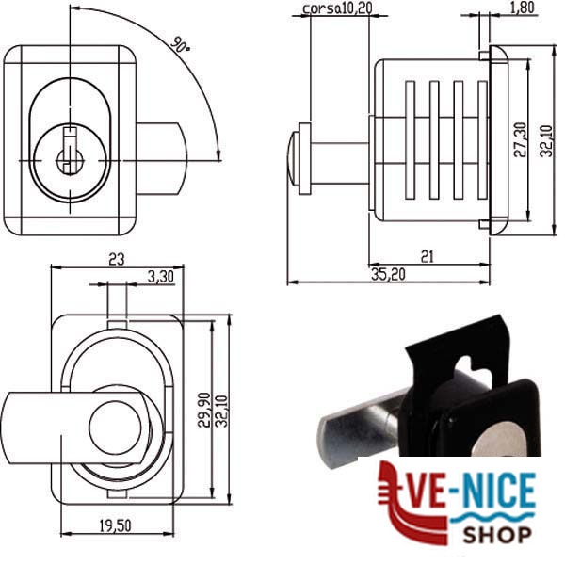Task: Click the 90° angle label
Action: click(x=180, y=44)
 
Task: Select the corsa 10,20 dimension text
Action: click(x=337, y=8)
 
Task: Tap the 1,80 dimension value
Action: click(x=522, y=8)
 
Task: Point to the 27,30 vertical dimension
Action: click(x=520, y=139)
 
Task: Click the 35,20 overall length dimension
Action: click(x=388, y=275)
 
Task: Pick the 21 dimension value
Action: click(x=428, y=256)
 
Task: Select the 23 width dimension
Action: click(x=117, y=259)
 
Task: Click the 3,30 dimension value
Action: click(x=161, y=277)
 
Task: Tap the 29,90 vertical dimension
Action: click(x=204, y=410)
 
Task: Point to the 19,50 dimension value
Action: click(x=115, y=525)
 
